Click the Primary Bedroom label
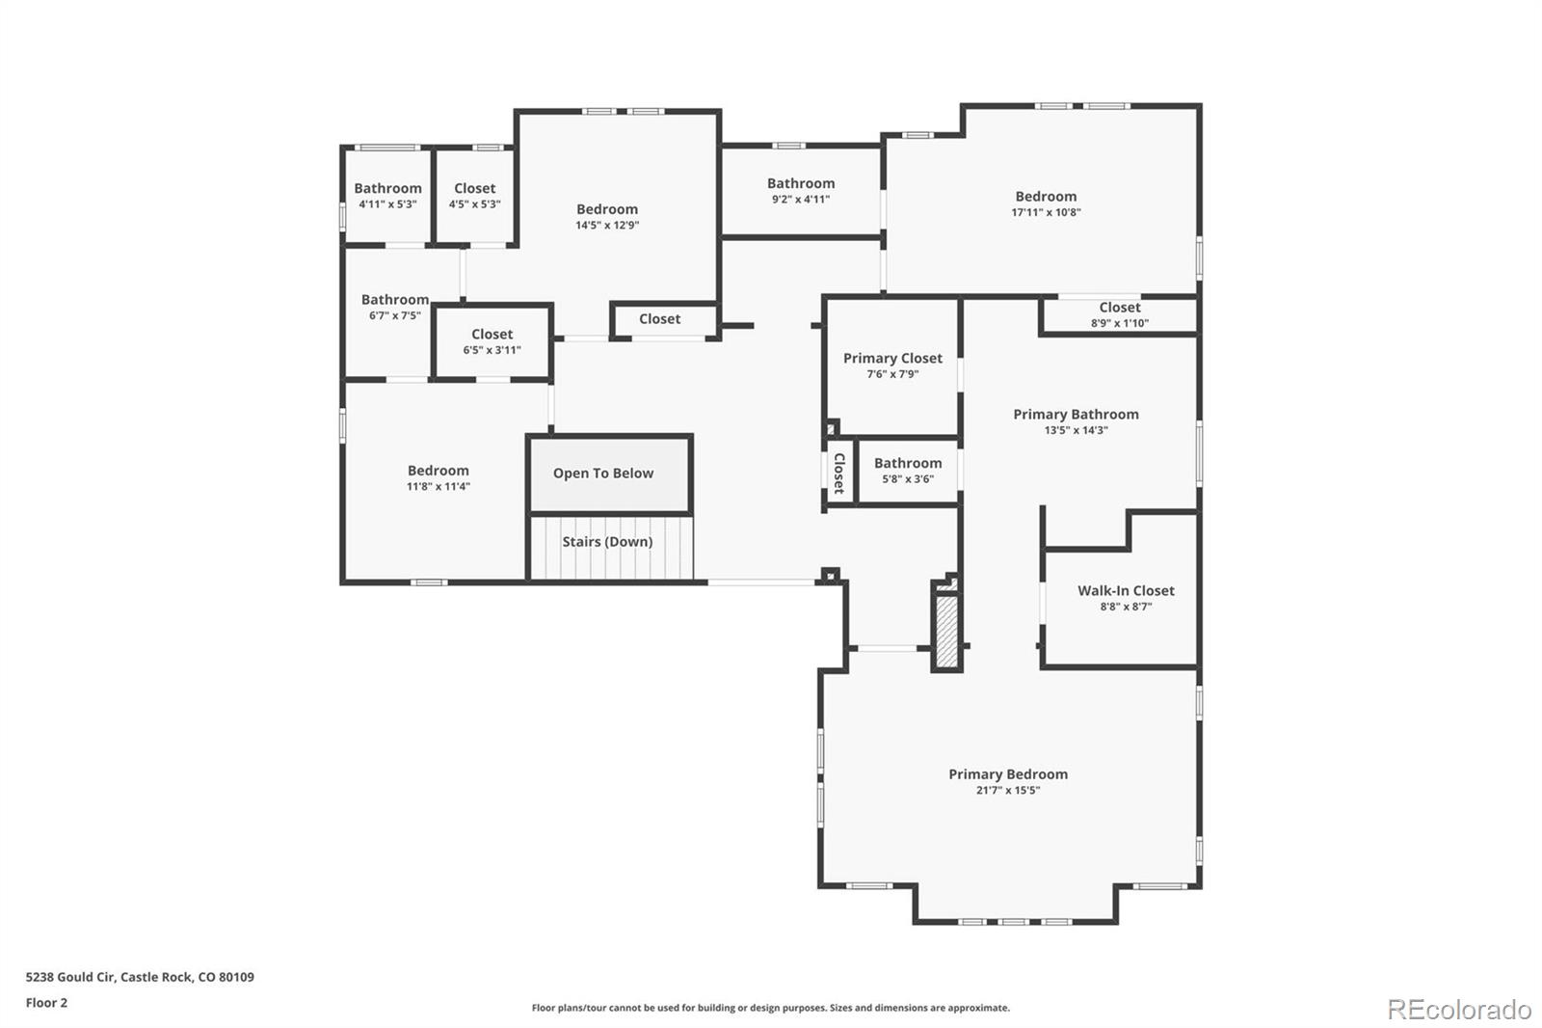1007,774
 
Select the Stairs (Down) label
607,542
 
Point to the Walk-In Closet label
1126,591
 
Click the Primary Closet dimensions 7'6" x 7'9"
892,374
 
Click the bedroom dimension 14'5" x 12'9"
607,226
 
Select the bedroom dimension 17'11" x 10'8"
1046,212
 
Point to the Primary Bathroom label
1076,415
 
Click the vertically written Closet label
838,473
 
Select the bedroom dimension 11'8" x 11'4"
438,487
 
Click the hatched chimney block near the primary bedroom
946,632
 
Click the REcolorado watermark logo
1458,1010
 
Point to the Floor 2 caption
46,1003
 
